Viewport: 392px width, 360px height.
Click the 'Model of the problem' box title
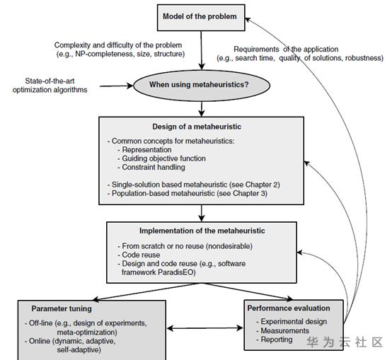click(200, 16)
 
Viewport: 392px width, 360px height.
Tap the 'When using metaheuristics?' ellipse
click(202, 85)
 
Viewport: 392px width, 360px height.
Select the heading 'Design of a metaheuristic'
click(197, 127)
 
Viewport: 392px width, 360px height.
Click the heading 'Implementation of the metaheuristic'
click(202, 231)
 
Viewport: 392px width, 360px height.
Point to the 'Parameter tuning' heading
click(62, 309)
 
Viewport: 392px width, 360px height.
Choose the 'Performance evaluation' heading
click(289, 308)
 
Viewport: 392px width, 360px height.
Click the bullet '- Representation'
click(144, 150)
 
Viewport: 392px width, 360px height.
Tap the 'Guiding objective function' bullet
click(163, 158)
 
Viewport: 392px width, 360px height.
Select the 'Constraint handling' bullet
click(154, 167)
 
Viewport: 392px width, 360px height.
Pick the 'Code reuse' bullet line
click(139, 255)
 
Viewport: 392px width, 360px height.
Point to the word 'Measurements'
click(284, 331)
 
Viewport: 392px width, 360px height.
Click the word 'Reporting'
click(277, 339)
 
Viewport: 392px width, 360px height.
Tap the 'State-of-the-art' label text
click(50, 81)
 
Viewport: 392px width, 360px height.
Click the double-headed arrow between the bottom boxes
click(204, 328)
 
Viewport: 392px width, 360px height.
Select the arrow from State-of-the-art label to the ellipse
click(117, 86)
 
